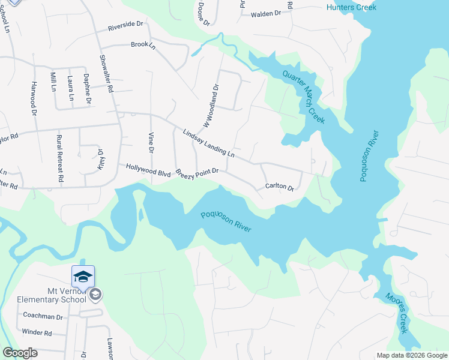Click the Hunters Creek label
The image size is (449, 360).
point(351,7)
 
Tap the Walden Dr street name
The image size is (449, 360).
point(266,14)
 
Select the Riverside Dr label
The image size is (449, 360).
point(126,25)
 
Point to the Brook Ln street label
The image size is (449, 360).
point(143,45)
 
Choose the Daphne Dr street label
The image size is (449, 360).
point(87,88)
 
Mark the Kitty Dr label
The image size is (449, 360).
point(100,158)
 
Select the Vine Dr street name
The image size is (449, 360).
point(151,142)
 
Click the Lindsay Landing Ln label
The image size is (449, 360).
point(208,144)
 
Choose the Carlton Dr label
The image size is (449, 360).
point(280,187)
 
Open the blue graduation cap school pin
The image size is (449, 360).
point(83,277)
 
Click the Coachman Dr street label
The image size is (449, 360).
point(43,316)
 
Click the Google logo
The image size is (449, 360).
point(20,353)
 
